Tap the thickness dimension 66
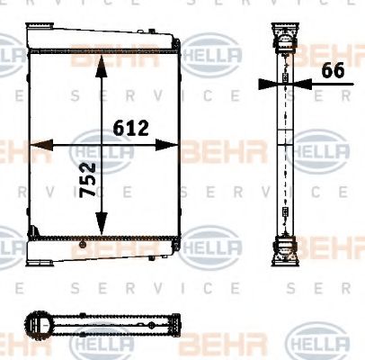[x=334, y=72]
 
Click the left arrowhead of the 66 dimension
[x=266, y=85]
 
